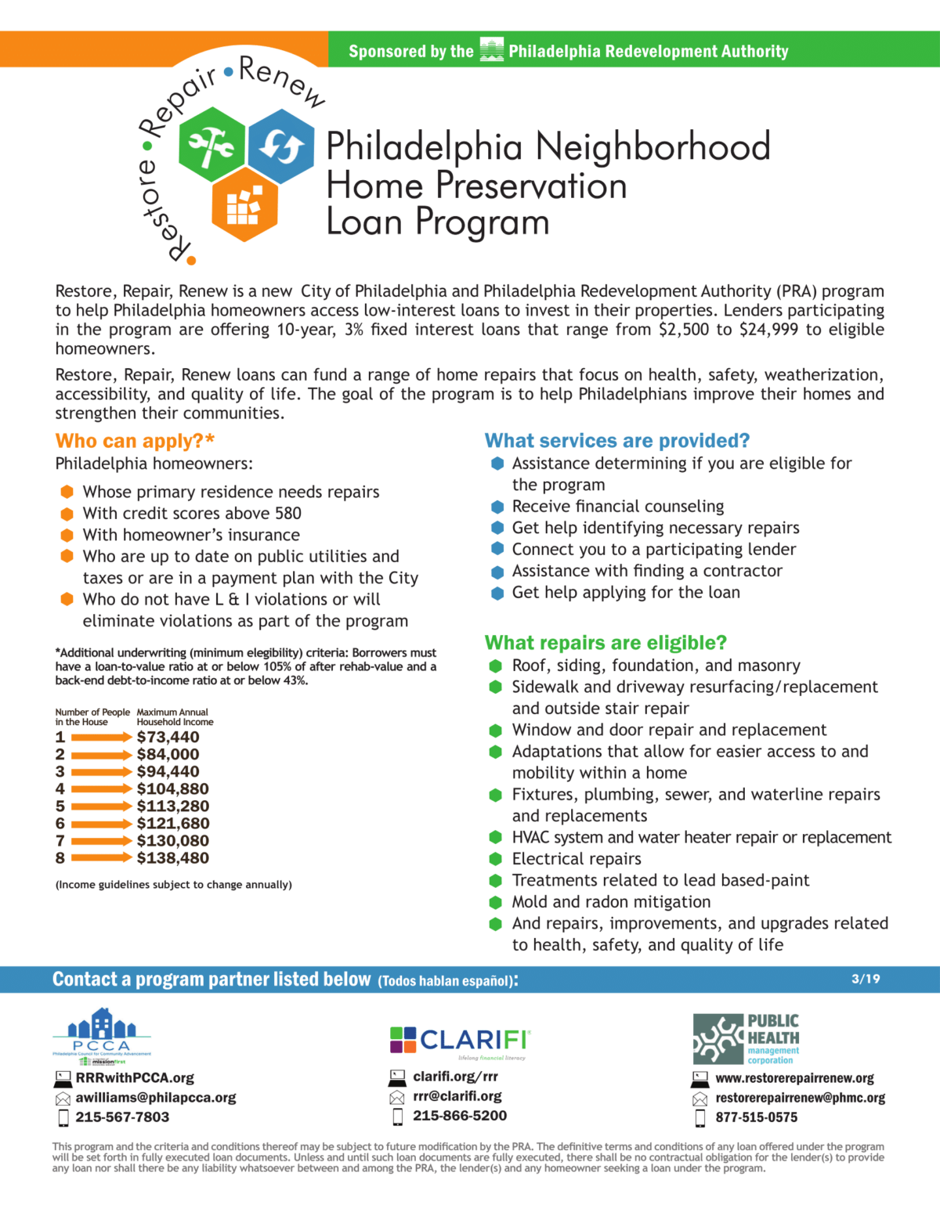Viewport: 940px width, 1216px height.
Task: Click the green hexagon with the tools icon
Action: pos(211,146)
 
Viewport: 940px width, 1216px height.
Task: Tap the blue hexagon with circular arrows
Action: pos(280,146)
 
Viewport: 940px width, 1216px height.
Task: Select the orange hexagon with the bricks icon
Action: pos(245,204)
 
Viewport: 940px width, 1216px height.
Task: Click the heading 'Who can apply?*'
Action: pos(135,441)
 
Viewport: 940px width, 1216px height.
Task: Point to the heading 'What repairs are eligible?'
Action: pos(606,643)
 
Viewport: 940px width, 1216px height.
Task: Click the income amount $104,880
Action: pos(172,788)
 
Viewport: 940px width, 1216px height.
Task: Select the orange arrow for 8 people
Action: pos(102,858)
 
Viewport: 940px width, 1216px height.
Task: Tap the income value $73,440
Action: pos(168,737)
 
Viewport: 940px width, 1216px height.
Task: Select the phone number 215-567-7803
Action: pos(122,1117)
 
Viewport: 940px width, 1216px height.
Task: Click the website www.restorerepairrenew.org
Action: pos(794,1078)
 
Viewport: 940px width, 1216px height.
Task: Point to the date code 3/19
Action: pos(866,979)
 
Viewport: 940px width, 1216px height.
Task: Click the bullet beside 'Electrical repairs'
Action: pos(495,859)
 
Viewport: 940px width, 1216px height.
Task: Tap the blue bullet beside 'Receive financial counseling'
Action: pos(497,507)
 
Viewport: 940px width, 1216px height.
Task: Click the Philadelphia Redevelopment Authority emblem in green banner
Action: pos(491,50)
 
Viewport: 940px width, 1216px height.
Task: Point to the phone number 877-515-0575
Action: pos(756,1117)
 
